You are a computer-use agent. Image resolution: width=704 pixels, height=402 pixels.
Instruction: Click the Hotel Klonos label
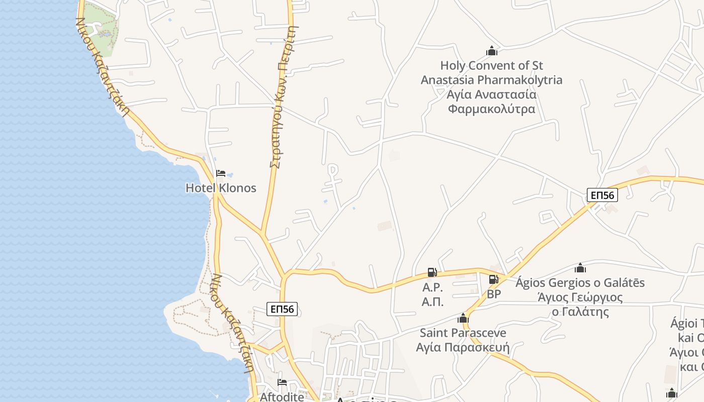coord(221,188)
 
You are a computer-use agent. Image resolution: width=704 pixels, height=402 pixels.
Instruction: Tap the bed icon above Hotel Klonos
coord(220,173)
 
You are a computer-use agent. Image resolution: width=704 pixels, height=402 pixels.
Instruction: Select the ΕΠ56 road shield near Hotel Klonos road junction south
coord(282,309)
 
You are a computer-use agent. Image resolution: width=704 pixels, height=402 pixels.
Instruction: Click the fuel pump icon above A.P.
coord(432,272)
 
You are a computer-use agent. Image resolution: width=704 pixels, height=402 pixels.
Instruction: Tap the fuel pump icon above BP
coord(494,279)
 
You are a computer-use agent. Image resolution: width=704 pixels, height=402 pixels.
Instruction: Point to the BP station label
coord(494,294)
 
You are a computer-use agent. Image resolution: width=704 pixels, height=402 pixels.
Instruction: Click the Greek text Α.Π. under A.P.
coord(432,301)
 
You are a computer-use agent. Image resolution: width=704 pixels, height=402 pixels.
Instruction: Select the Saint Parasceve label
coord(463,333)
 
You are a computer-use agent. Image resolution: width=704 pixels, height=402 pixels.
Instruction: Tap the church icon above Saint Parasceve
coord(463,318)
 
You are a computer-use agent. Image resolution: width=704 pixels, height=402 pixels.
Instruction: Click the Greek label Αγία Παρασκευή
coord(463,347)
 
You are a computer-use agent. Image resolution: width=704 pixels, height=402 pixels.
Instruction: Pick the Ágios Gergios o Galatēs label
coord(580,283)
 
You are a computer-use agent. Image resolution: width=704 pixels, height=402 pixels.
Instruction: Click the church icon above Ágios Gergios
coord(580,268)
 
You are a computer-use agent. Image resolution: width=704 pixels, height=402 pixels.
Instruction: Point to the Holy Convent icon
coord(491,51)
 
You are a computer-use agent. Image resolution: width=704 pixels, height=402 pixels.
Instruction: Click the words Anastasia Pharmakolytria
coord(491,80)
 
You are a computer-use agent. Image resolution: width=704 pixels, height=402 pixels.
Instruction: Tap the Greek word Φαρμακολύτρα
coord(491,109)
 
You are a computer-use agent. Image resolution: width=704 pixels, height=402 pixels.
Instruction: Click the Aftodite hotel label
coord(282,397)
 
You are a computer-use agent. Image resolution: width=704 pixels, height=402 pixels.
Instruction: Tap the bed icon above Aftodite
coord(282,382)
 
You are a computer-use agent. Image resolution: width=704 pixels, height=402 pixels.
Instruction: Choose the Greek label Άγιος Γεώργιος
coord(580,297)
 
